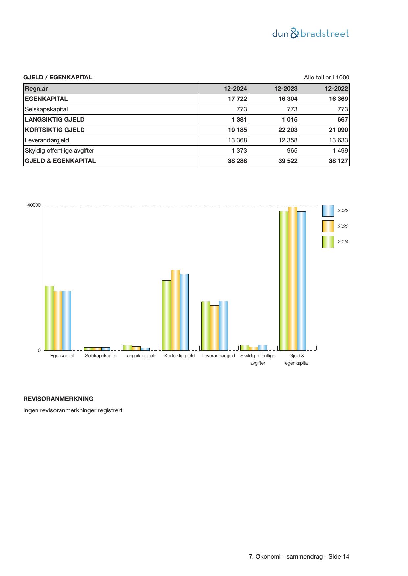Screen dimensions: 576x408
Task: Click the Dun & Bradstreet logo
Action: [310, 33]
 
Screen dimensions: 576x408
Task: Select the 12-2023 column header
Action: [286, 89]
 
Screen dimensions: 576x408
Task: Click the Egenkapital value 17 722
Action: [237, 99]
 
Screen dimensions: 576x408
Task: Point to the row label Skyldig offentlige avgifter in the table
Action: [60, 151]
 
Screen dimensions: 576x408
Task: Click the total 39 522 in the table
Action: [288, 161]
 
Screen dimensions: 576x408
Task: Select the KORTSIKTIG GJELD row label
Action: [55, 130]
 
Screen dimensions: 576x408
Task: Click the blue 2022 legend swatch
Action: [328, 211]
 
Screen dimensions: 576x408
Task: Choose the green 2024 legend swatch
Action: [328, 242]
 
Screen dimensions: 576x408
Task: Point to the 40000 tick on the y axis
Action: [34, 205]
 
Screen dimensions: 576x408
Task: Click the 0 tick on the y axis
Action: [39, 350]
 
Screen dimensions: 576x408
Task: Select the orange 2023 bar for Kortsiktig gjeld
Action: [175, 310]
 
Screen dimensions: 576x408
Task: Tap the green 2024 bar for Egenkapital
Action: [49, 318]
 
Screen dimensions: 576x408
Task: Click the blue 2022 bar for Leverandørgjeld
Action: [223, 325]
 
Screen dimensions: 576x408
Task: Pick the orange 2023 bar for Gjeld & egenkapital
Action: [293, 278]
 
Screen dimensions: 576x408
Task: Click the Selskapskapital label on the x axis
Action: [101, 356]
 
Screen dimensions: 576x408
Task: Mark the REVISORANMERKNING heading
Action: [58, 399]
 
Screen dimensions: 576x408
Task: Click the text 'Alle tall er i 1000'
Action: [326, 78]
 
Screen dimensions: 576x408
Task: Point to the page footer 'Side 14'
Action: [339, 557]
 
